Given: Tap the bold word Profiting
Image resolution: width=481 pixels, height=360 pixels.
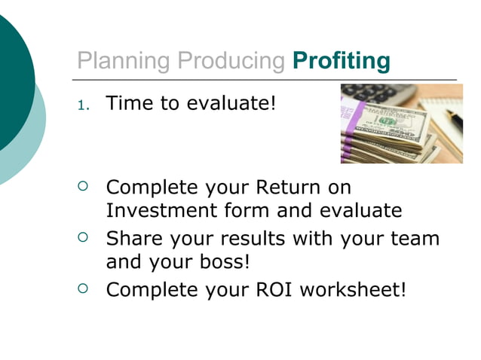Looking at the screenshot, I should coord(341,61).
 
